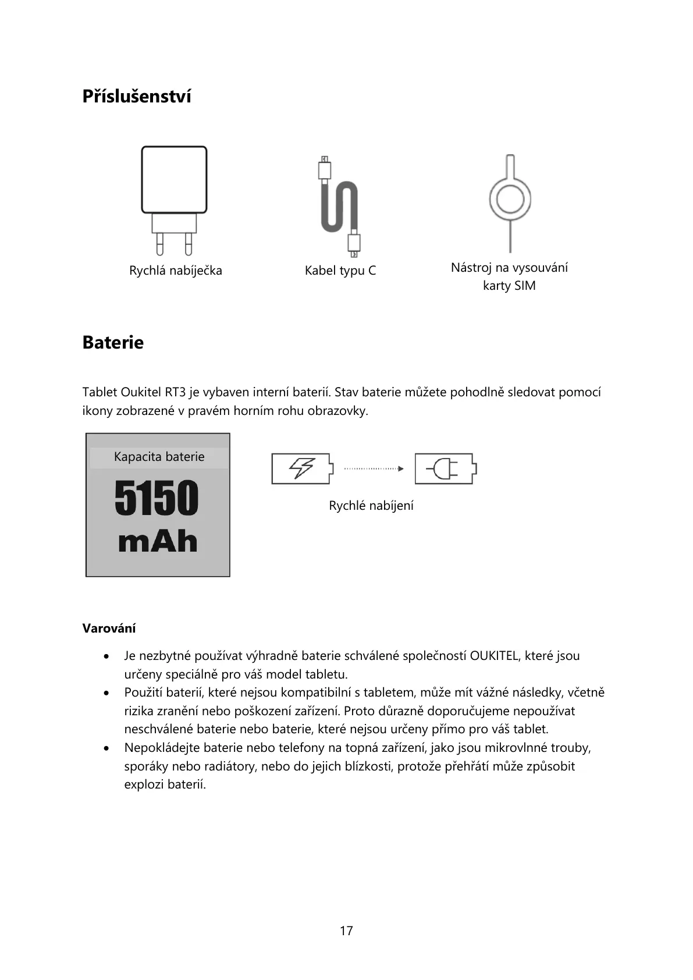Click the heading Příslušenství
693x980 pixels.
tap(137, 96)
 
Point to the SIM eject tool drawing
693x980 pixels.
tap(510, 201)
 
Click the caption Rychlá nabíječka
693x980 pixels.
tap(175, 271)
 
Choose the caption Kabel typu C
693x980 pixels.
tap(340, 271)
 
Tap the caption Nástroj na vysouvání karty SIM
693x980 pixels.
tap(509, 276)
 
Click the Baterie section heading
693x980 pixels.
tap(113, 342)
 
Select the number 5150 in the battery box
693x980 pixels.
tap(157, 498)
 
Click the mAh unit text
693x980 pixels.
tap(158, 542)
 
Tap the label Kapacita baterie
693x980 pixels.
tap(159, 457)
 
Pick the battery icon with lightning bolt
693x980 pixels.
tap(303, 468)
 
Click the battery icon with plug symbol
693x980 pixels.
tap(446, 468)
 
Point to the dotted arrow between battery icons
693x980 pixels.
tap(374, 468)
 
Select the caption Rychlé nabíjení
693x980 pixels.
tap(371, 506)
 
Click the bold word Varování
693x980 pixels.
tap(109, 629)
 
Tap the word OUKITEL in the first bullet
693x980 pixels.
tap(494, 656)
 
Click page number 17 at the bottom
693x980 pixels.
tap(346, 931)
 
